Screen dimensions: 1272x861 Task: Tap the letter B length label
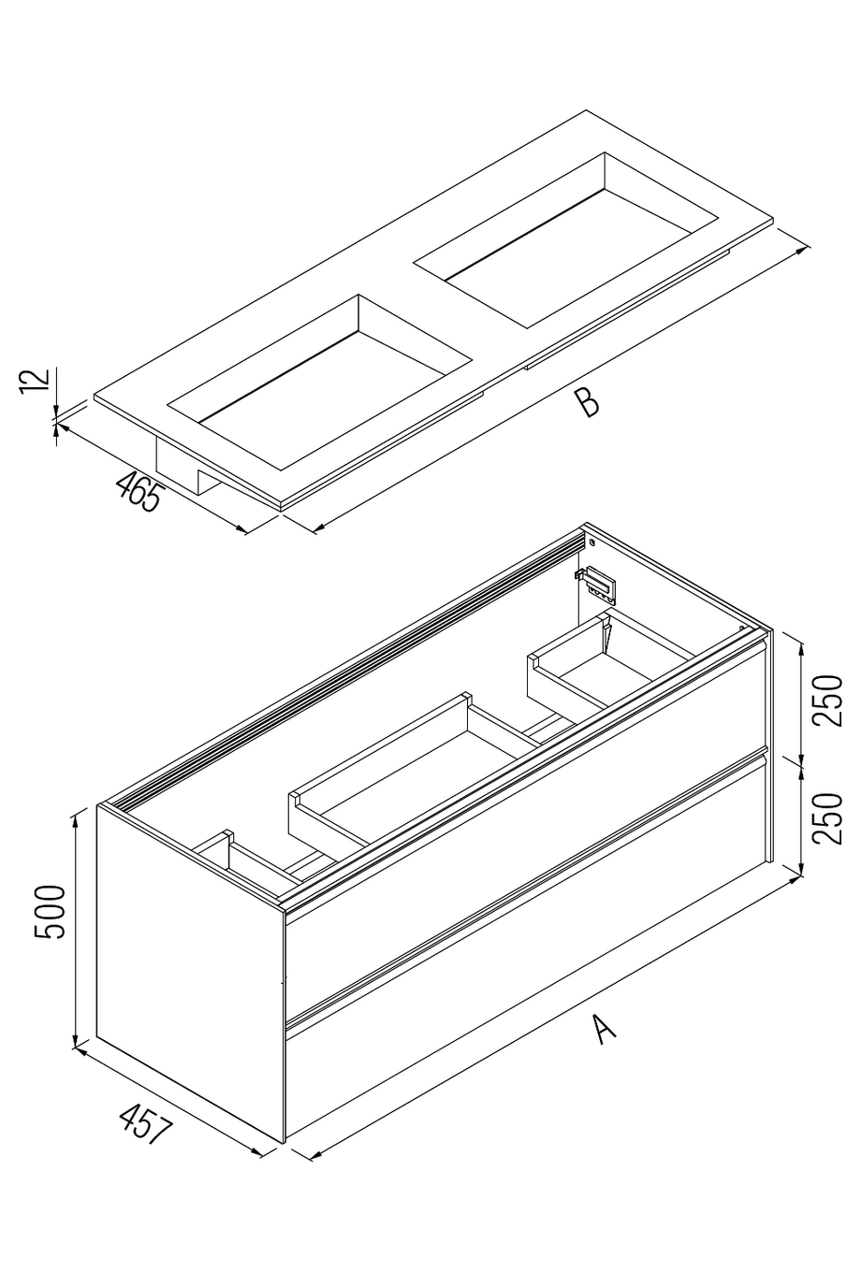(x=587, y=403)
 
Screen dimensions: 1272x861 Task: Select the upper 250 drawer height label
(x=827, y=701)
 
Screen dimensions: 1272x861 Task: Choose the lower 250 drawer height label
(x=827, y=818)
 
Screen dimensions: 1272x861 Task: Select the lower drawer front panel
(x=524, y=945)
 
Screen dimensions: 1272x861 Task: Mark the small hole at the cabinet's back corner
(x=592, y=543)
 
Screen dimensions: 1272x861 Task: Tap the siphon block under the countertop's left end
(x=182, y=468)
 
